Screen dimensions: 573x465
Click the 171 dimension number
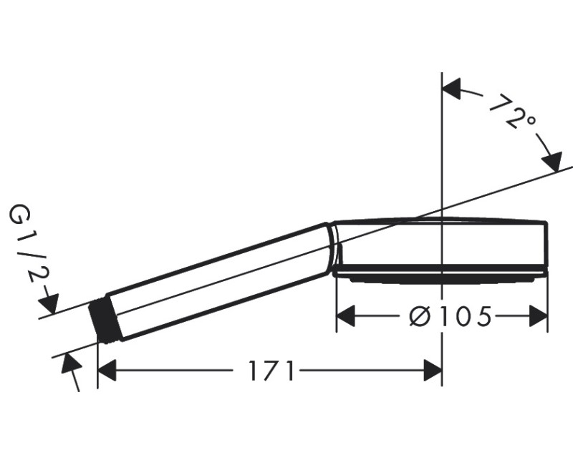coord(271,371)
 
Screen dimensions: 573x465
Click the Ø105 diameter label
coord(450,316)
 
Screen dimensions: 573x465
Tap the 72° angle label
coord(512,112)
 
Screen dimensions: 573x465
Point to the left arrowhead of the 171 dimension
coord(107,371)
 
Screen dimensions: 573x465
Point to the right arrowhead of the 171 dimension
coord(433,371)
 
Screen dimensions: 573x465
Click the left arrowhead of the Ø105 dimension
coord(346,316)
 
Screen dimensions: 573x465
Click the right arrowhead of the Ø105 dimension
coord(539,316)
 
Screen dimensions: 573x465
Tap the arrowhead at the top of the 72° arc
coord(451,89)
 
